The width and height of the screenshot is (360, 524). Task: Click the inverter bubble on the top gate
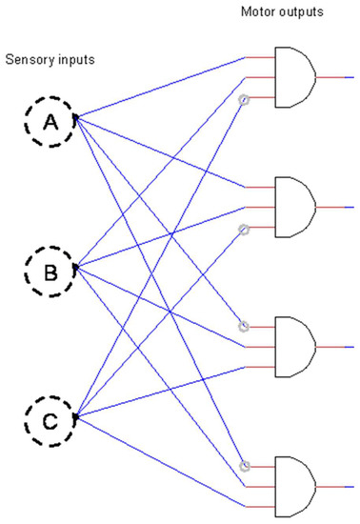tap(244, 100)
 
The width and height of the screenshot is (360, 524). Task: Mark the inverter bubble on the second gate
tap(244, 229)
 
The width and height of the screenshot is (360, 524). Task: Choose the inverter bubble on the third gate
tap(244, 327)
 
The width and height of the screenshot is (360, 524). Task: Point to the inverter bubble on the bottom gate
tap(244, 466)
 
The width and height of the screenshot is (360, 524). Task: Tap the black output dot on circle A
tap(75, 118)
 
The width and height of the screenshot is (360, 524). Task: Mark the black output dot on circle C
tap(75, 416)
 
